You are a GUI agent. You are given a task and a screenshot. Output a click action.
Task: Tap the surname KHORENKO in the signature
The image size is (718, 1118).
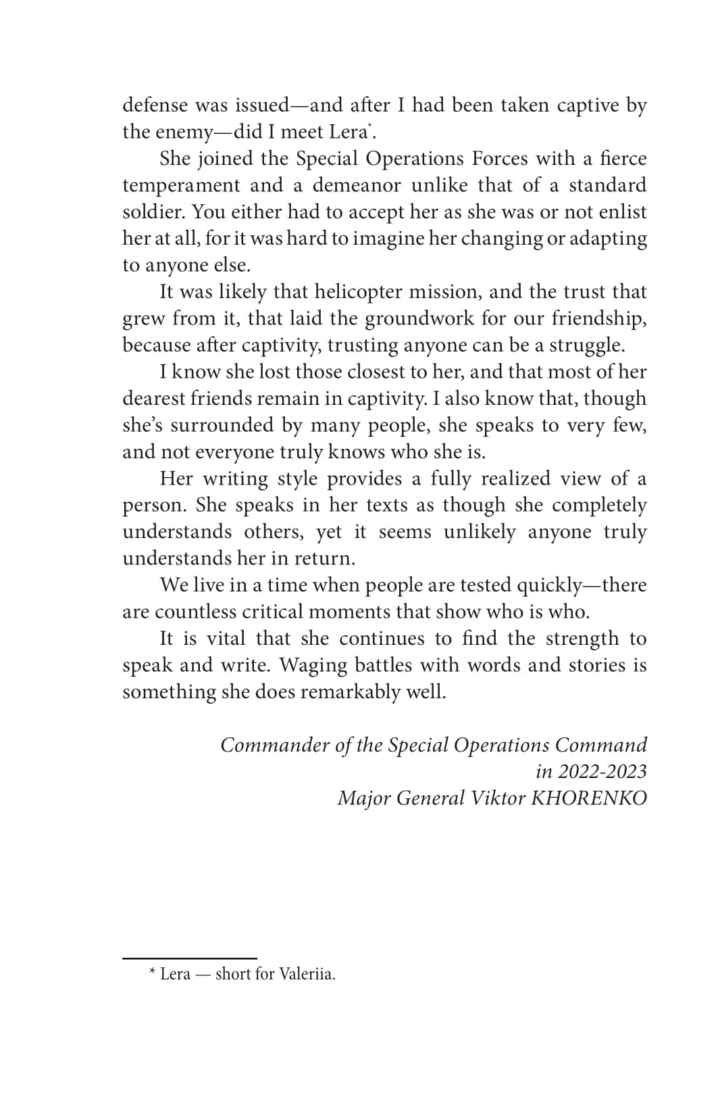tap(589, 798)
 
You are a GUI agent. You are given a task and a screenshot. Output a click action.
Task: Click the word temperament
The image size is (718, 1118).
tap(181, 185)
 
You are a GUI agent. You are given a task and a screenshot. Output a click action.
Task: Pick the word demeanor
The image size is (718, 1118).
tap(357, 185)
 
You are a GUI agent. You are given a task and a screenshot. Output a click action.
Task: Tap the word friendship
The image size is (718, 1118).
tap(598, 318)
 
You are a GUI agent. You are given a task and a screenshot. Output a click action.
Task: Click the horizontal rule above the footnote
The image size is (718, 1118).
tap(189, 958)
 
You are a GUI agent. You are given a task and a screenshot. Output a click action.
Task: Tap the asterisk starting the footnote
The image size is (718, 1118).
tap(153, 973)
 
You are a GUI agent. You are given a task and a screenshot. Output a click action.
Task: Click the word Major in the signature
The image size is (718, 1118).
tap(364, 798)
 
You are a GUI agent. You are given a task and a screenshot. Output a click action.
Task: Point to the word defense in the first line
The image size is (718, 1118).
tap(155, 105)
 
